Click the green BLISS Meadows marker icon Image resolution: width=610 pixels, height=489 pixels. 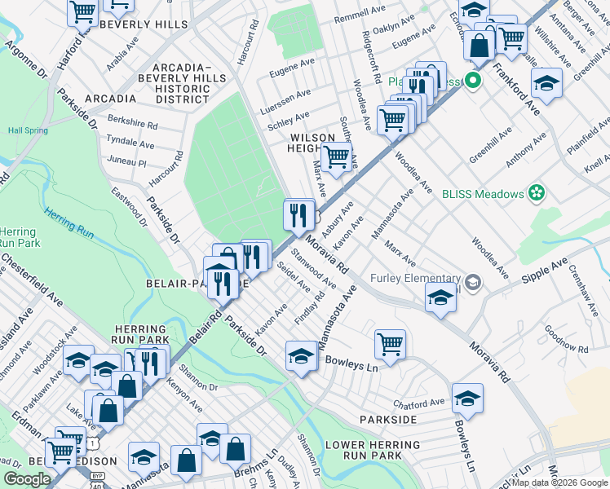pyautogui.click(x=537, y=193)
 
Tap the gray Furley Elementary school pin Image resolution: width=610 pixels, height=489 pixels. pyautogui.click(x=473, y=283)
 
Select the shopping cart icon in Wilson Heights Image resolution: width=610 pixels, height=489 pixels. pyautogui.click(x=336, y=156)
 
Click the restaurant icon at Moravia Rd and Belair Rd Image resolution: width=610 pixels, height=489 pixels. pyautogui.click(x=299, y=215)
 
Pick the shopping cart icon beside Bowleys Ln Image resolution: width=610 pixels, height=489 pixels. pyautogui.click(x=391, y=343)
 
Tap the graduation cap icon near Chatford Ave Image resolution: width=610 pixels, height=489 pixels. pyautogui.click(x=467, y=398)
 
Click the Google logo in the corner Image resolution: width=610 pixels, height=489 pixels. pyautogui.click(x=28, y=479)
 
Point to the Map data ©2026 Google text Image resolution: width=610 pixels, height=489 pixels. pyautogui.click(x=559, y=482)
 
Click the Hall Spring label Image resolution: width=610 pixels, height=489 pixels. pyautogui.click(x=26, y=130)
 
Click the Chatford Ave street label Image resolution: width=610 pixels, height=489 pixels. pyautogui.click(x=419, y=401)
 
